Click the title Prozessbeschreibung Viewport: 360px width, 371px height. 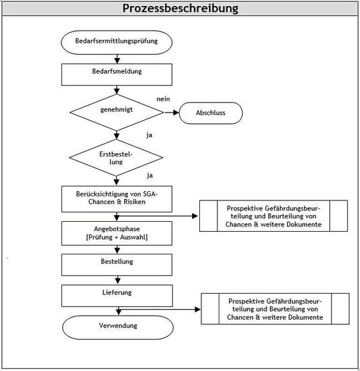(x=180, y=9)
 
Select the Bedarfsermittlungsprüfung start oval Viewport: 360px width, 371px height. (x=116, y=42)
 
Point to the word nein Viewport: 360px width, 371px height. (x=163, y=99)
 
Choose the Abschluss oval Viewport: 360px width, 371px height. (x=210, y=113)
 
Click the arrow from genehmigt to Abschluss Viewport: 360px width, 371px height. (x=171, y=113)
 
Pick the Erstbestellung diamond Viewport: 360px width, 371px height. (x=116, y=157)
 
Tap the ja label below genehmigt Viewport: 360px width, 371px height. (x=149, y=135)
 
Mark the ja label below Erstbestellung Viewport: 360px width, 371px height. (x=149, y=176)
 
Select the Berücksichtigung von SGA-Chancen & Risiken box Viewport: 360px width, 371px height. (x=116, y=197)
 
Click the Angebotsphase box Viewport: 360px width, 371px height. (x=116, y=232)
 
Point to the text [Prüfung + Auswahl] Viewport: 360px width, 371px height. (x=116, y=238)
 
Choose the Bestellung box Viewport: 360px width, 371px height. (x=116, y=263)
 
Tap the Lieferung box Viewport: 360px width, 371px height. (x=116, y=292)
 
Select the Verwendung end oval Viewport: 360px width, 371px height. (x=116, y=326)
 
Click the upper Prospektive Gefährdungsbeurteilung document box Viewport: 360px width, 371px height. (x=274, y=216)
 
